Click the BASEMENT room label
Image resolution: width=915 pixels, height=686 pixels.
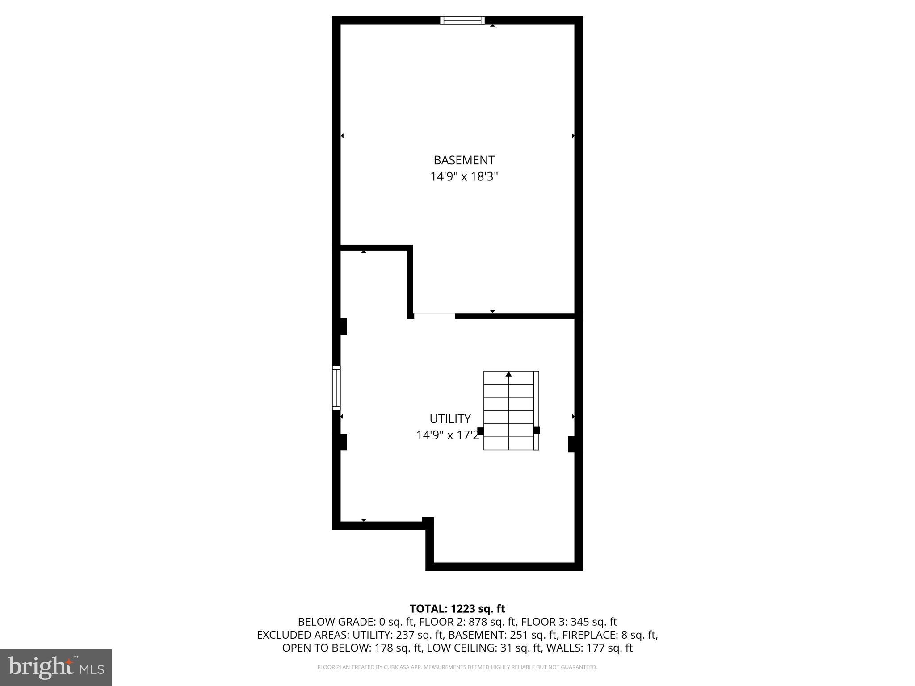(464, 160)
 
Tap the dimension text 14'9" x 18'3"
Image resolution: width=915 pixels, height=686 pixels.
(464, 177)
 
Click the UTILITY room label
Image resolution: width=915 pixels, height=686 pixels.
(450, 419)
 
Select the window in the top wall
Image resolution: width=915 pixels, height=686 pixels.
(462, 20)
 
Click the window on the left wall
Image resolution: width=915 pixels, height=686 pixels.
(336, 388)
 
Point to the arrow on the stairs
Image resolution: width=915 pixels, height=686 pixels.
(508, 374)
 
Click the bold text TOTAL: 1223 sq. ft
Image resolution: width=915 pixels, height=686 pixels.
(457, 609)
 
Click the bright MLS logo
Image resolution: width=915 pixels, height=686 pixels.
(55, 667)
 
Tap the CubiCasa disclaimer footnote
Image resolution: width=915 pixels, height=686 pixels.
(457, 667)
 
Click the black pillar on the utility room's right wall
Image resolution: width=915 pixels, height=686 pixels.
(572, 444)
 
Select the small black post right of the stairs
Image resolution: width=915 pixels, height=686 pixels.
(537, 430)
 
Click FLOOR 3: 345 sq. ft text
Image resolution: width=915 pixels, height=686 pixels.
(569, 622)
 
